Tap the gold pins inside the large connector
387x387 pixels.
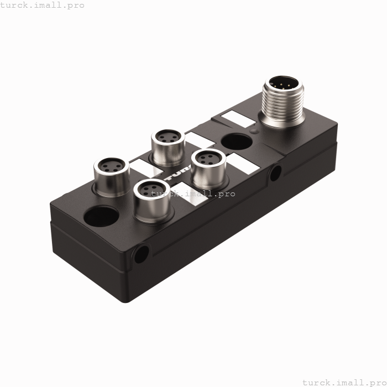[284, 86]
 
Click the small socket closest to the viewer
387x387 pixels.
[151, 197]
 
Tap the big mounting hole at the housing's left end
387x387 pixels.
[101, 216]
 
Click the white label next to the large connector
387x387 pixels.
[233, 118]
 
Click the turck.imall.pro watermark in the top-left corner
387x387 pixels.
[42, 5]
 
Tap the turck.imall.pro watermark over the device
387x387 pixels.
[193, 193]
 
